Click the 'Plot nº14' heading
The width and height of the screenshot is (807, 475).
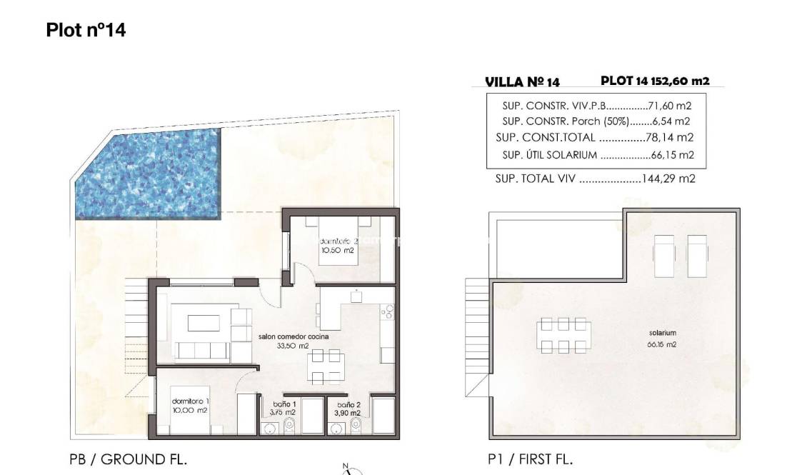click(x=86, y=30)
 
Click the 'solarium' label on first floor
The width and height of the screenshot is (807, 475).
click(x=662, y=334)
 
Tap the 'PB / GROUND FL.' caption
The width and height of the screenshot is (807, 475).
click(x=129, y=459)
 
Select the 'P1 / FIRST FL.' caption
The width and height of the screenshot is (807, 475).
click(x=530, y=459)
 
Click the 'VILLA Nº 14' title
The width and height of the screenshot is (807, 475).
click(x=522, y=82)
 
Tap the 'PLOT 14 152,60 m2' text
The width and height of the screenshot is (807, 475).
click(x=655, y=81)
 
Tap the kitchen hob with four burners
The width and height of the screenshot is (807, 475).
click(x=389, y=311)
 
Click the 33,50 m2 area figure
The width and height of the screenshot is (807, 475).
click(x=294, y=346)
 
